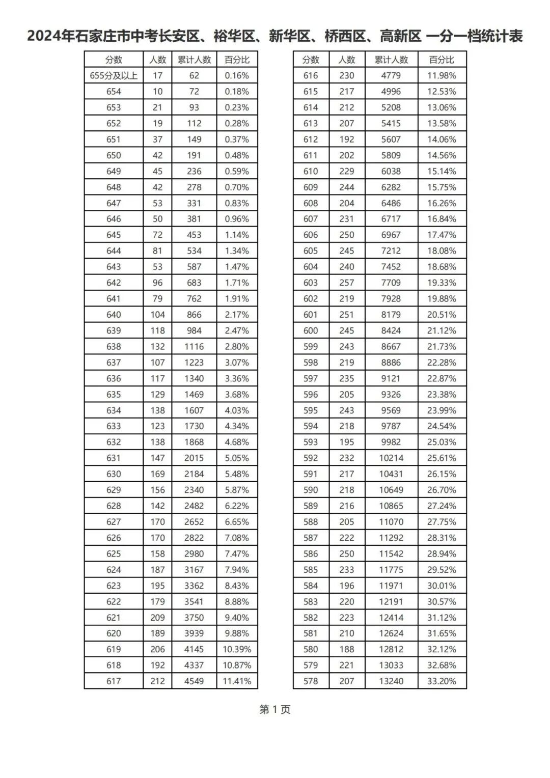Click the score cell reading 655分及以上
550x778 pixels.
(114, 76)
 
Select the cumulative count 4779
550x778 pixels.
(391, 76)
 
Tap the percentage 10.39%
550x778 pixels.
(237, 649)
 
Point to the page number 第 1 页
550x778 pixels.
(275, 709)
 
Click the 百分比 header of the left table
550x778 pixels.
(237, 60)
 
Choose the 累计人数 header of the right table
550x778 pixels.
(391, 60)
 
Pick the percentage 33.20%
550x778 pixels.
(442, 681)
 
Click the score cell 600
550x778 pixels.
(311, 330)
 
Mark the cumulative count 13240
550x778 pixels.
(391, 681)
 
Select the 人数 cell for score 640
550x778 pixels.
(157, 315)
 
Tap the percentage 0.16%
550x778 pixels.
(237, 76)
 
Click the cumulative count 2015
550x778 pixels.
(194, 458)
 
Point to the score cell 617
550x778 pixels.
(114, 681)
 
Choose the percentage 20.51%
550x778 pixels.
(442, 315)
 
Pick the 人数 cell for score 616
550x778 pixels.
(347, 76)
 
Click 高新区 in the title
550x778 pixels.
(401, 37)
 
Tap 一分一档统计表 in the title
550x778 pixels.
(474, 37)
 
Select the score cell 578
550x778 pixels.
(311, 681)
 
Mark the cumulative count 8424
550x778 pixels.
(391, 330)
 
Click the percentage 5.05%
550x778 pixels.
(237, 458)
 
